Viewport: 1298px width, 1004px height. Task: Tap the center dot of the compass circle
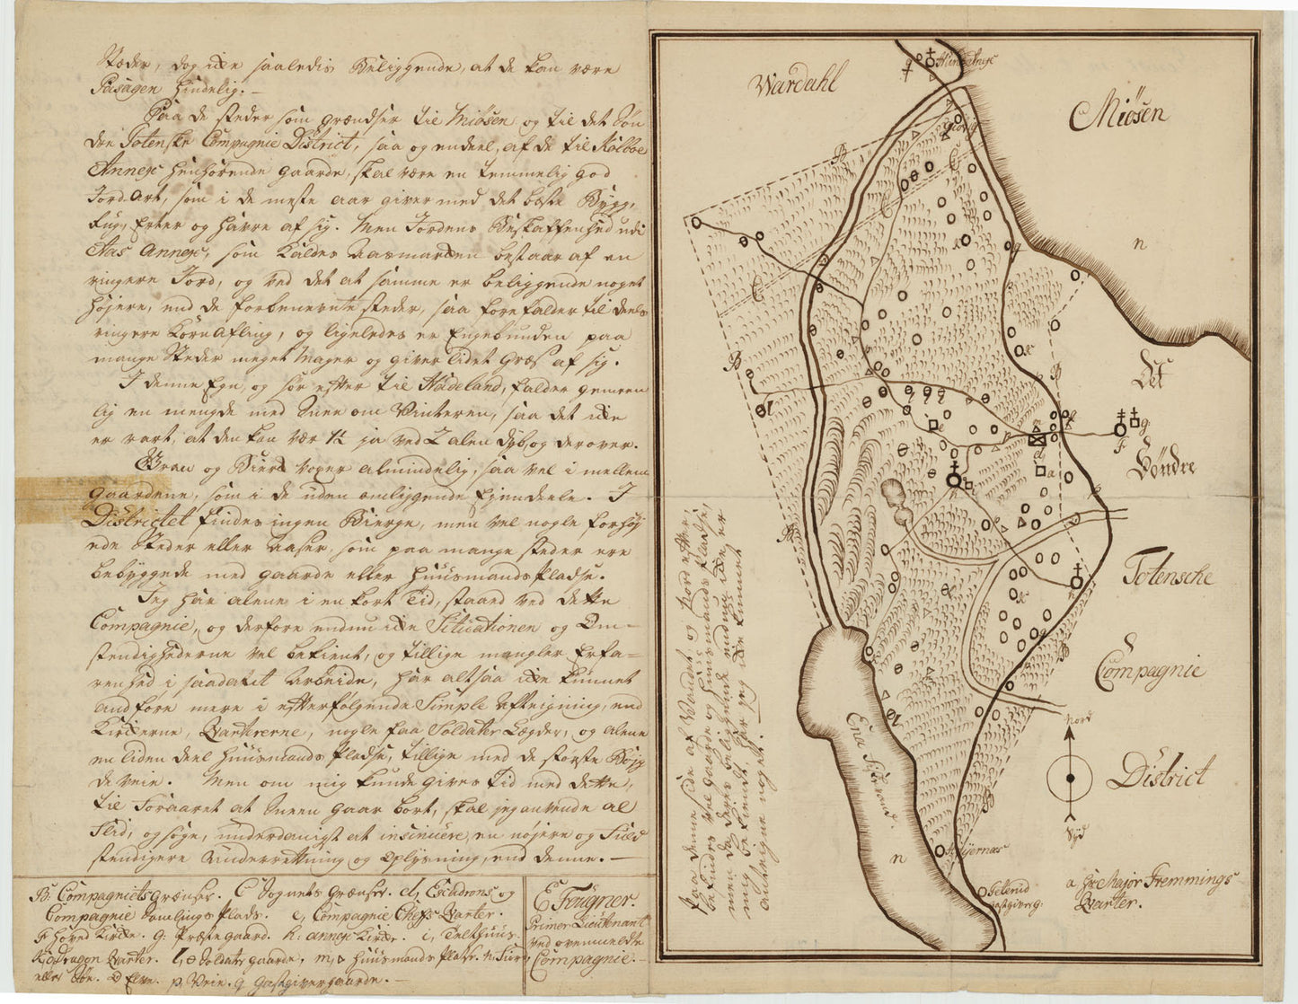[1070, 779]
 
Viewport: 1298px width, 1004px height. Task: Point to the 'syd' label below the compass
[1071, 832]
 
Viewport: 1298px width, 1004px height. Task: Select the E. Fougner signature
[585, 899]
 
